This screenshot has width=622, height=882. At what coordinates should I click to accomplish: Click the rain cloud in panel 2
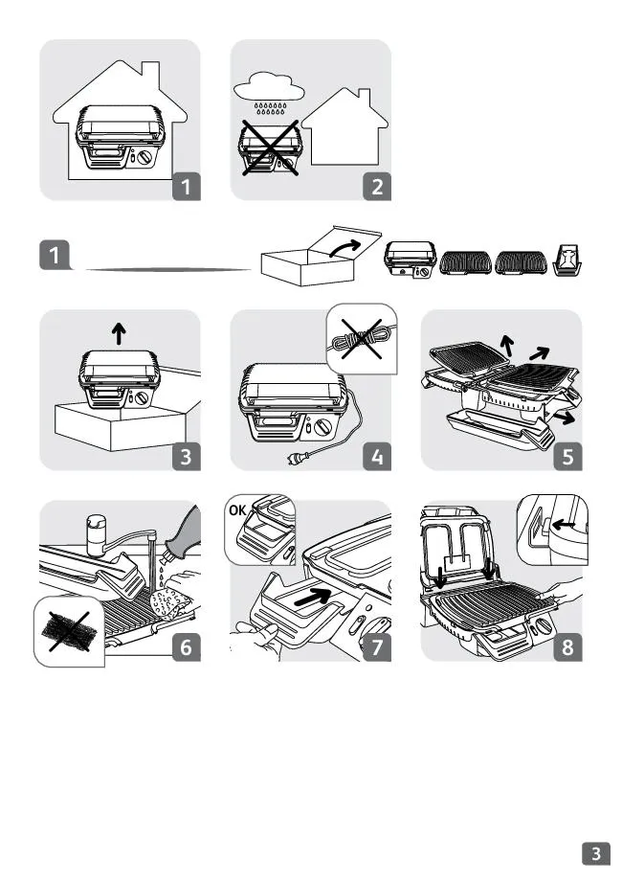click(270, 87)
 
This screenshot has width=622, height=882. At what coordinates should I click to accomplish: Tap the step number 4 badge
click(377, 456)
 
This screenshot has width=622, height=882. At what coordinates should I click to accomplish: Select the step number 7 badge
click(377, 647)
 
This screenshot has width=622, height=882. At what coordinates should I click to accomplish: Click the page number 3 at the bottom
click(596, 853)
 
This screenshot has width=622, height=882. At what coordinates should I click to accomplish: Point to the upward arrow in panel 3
click(119, 333)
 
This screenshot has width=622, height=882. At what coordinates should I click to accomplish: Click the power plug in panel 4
click(294, 460)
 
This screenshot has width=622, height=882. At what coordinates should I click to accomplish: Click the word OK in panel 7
click(237, 510)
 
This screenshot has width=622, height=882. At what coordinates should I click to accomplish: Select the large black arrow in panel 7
click(313, 597)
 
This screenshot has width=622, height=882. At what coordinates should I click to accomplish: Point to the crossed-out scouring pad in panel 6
click(67, 631)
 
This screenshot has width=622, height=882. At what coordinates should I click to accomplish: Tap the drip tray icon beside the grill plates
click(567, 260)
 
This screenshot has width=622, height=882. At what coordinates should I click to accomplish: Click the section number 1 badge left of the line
click(55, 255)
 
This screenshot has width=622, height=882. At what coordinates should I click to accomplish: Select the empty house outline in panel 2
click(344, 126)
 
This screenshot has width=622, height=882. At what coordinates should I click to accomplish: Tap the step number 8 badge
click(568, 647)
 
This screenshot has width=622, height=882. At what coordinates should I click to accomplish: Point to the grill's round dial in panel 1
click(144, 157)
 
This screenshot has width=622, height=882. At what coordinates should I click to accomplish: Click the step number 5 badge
click(568, 456)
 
